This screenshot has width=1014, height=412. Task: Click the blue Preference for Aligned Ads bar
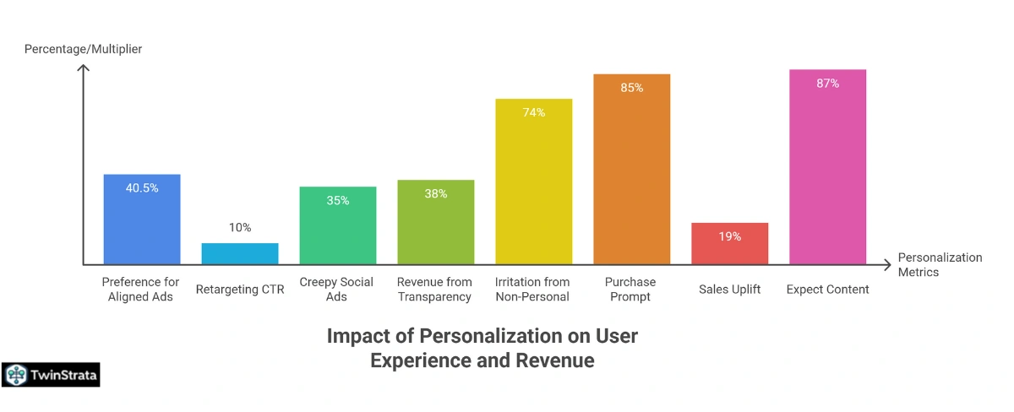(142, 220)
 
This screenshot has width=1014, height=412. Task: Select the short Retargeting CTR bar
(240, 253)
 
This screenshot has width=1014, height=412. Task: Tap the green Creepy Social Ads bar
(338, 225)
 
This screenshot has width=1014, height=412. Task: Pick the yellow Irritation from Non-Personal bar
(534, 182)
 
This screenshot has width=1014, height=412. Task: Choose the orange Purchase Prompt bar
(631, 169)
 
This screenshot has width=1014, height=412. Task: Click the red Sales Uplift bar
(730, 244)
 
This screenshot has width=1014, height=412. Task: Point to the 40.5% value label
(142, 187)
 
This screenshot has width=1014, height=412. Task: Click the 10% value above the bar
(240, 228)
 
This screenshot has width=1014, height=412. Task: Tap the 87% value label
(828, 83)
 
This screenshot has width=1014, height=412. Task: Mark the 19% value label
(730, 236)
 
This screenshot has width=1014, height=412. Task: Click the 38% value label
(436, 193)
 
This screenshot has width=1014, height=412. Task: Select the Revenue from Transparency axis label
(436, 289)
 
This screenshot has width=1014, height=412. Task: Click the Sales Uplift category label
(730, 290)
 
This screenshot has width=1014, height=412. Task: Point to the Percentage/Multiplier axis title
(83, 49)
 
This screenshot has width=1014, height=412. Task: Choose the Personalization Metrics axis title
(940, 264)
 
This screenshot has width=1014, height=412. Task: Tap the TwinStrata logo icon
(16, 375)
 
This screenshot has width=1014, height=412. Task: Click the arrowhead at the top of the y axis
(83, 68)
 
